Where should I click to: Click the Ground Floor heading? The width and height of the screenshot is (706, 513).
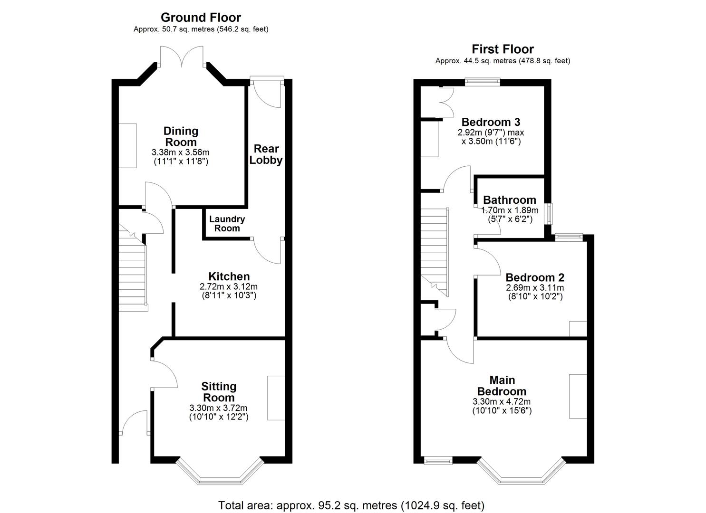click(x=201, y=18)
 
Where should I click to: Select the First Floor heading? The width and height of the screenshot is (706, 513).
click(x=503, y=49)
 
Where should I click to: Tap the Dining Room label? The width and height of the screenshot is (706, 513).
click(x=181, y=137)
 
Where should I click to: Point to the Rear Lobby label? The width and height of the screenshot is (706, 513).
click(x=266, y=154)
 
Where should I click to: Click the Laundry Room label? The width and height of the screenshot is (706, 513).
click(x=227, y=224)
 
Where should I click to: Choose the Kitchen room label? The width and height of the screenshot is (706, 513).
click(x=229, y=276)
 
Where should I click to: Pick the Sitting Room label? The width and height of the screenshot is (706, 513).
click(x=219, y=392)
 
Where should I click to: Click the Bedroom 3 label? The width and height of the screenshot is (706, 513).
click(x=491, y=122)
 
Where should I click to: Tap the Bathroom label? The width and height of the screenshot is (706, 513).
click(x=509, y=200)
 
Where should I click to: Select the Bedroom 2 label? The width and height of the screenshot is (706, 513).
click(x=535, y=277)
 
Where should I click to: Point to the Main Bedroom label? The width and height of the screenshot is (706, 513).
click(x=502, y=386)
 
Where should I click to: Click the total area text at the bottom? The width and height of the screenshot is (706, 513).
click(x=351, y=505)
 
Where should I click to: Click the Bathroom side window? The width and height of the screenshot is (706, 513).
click(x=549, y=214)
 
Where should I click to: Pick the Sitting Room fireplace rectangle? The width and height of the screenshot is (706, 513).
click(x=276, y=398)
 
